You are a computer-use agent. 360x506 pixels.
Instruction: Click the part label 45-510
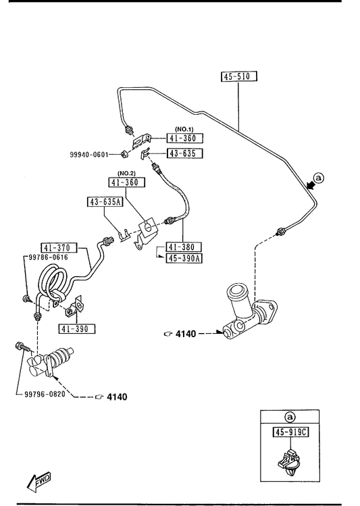pos(238,76)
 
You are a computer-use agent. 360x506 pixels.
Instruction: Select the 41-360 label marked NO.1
pos(185,138)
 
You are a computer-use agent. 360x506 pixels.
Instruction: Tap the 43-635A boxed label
pos(105,202)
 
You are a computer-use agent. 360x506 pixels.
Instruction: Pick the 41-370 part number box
pos(59,248)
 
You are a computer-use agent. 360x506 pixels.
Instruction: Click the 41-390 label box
pos(77,329)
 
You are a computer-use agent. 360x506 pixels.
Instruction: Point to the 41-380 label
pos(184,247)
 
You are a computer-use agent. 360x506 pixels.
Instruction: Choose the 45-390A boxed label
pos(184,258)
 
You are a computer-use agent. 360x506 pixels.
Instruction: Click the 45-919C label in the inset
pos(290,432)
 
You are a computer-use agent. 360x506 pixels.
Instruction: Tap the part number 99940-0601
pos(89,155)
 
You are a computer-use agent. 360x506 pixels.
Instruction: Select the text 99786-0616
pos(49,257)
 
